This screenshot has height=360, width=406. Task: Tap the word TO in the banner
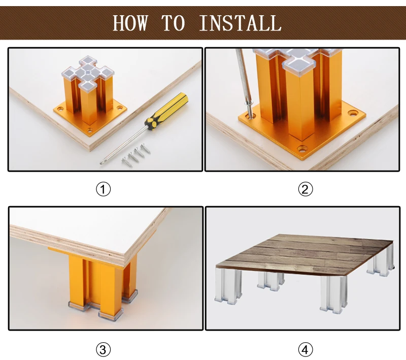[x=173, y=23]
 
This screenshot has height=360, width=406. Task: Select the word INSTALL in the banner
[x=240, y=23]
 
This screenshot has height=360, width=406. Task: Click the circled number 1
[x=104, y=189]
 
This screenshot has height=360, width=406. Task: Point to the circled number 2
[x=306, y=189]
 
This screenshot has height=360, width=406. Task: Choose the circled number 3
[x=104, y=350]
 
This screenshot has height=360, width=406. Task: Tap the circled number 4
[x=306, y=350]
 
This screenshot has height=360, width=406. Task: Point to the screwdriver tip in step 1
[x=101, y=162]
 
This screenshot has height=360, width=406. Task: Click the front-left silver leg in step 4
[x=228, y=286]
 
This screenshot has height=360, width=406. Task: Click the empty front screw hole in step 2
[x=302, y=149]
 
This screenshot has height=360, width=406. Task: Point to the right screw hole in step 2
[x=353, y=113]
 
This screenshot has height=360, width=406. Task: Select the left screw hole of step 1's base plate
[x=60, y=108]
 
